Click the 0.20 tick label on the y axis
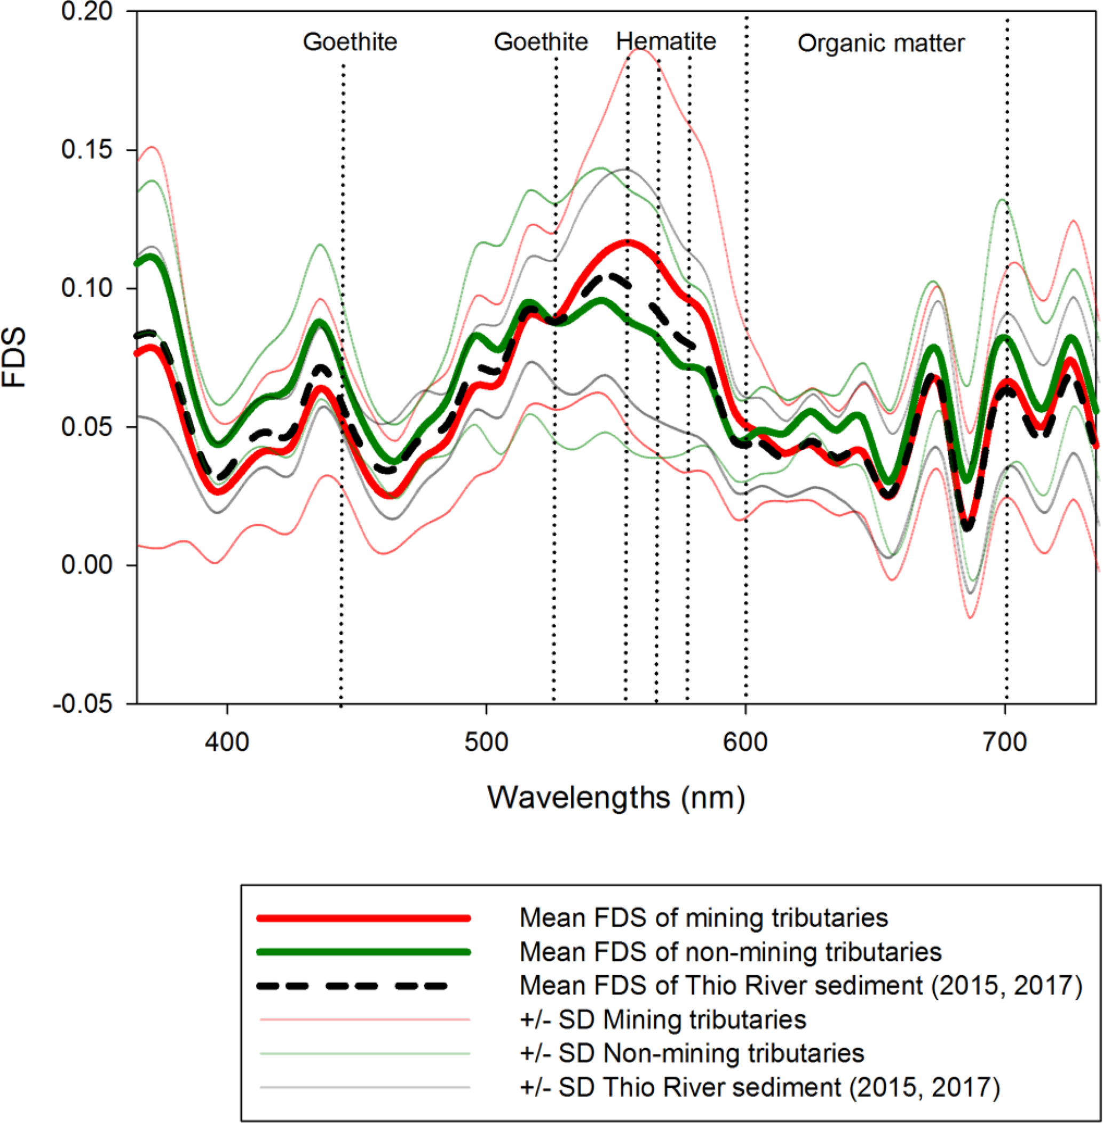pyautogui.click(x=86, y=12)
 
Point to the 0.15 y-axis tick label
pyautogui.click(x=86, y=149)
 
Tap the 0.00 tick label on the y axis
pyautogui.click(x=86, y=564)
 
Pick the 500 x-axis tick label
pyautogui.click(x=486, y=742)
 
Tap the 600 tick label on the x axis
pyautogui.click(x=745, y=742)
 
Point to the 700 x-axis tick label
pyautogui.click(x=1004, y=742)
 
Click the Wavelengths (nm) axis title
pyautogui.click(x=616, y=798)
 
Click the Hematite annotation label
pyautogui.click(x=665, y=42)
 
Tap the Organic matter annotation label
pyautogui.click(x=880, y=43)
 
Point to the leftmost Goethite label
pyautogui.click(x=350, y=42)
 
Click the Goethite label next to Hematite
pyautogui.click(x=541, y=42)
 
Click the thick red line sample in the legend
pyautogui.click(x=364, y=918)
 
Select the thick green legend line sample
pyautogui.click(x=364, y=952)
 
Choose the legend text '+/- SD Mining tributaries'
pyautogui.click(x=663, y=1020)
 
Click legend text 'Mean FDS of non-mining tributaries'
pyautogui.click(x=731, y=952)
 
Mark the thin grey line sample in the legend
pyautogui.click(x=364, y=1087)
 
